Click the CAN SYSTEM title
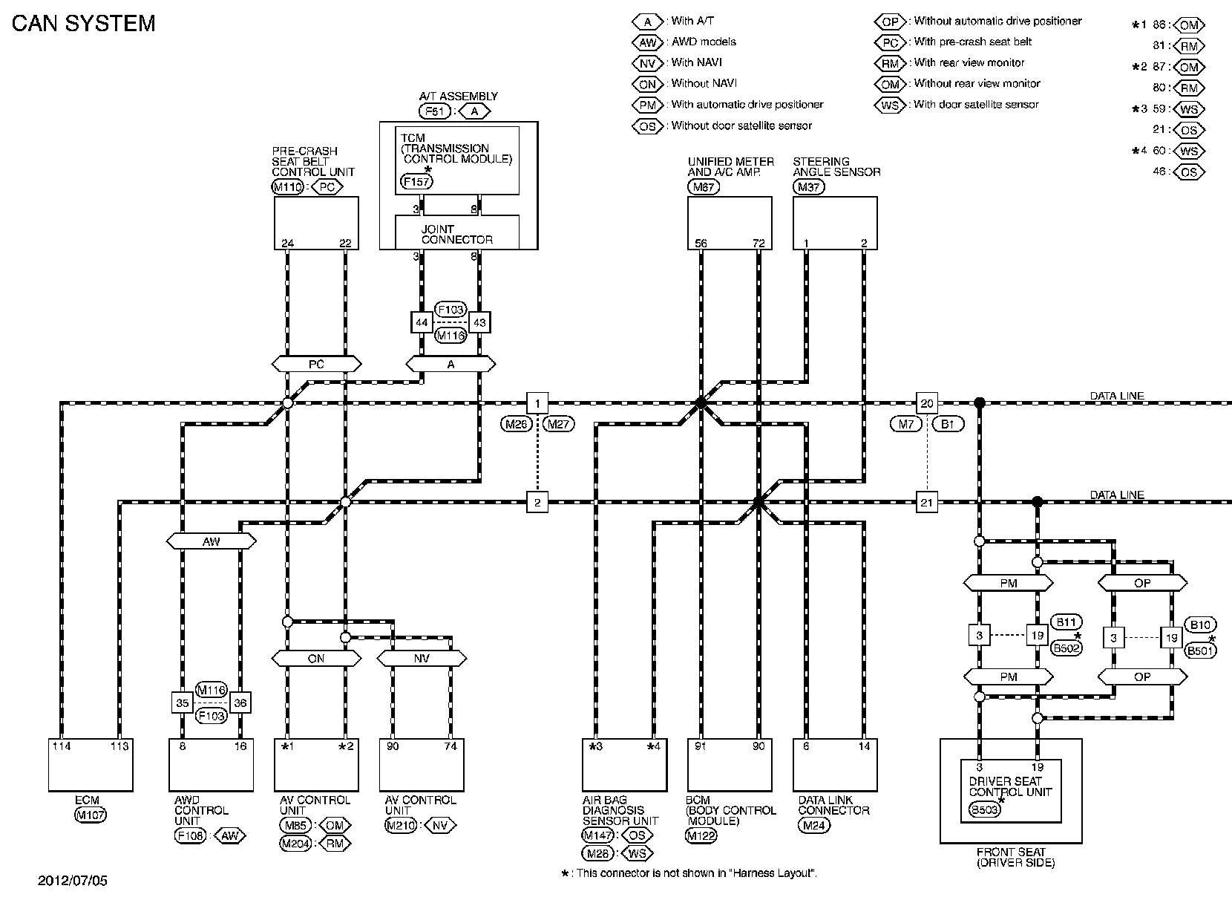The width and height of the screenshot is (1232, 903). coord(83,23)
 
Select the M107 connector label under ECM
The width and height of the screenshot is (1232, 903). coord(91,815)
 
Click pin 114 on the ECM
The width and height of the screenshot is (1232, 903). coord(62,746)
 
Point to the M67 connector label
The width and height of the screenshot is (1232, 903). coord(703,187)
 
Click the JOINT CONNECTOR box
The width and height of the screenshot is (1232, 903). coord(456,234)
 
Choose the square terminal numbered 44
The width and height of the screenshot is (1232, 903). coord(422,323)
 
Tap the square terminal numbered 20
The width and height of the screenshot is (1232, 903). coord(926,403)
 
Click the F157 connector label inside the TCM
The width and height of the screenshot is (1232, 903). coord(416,180)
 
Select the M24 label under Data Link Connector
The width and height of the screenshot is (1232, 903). coord(813,825)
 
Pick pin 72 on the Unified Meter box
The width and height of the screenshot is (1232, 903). coord(758,244)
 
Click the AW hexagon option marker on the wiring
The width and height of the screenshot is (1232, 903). coord(212,541)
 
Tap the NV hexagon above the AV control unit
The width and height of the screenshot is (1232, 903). coord(422,658)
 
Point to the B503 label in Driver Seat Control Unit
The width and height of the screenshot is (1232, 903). coord(984,810)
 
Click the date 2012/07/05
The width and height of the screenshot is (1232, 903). coord(73,881)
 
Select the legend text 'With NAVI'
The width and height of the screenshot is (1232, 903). coord(696,62)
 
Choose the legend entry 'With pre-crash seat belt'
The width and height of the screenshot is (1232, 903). coord(972,42)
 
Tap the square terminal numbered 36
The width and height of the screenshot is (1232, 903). coord(240,702)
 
